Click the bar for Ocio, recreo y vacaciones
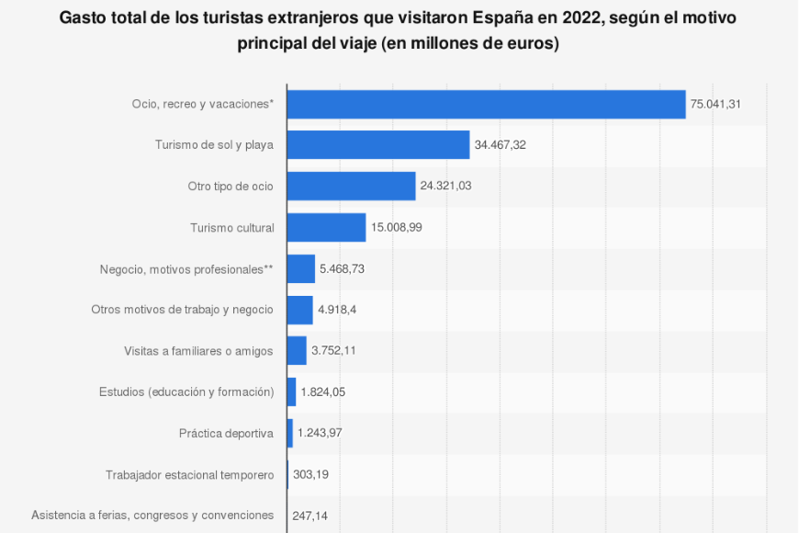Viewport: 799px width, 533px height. click(486, 104)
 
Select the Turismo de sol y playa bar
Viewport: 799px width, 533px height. click(378, 145)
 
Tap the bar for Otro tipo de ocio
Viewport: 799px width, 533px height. click(351, 186)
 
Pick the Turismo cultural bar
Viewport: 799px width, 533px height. click(326, 227)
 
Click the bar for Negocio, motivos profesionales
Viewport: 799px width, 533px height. click(300, 268)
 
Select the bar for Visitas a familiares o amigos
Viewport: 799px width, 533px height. click(297, 350)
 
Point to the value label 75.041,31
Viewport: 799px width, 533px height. click(715, 104)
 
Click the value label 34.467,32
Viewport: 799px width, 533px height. click(500, 145)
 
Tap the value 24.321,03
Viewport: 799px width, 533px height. click(445, 186)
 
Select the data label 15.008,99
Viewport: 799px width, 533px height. click(396, 227)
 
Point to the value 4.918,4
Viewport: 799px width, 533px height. click(337, 310)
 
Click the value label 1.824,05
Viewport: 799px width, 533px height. click(325, 391)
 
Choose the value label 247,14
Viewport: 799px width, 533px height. click(310, 516)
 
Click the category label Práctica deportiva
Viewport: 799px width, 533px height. click(226, 433)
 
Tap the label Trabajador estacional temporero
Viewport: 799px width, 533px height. click(189, 474)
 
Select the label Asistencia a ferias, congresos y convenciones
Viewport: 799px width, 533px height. click(152, 516)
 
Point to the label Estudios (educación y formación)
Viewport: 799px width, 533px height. click(186, 391)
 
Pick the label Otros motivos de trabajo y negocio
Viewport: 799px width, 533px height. click(182, 310)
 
